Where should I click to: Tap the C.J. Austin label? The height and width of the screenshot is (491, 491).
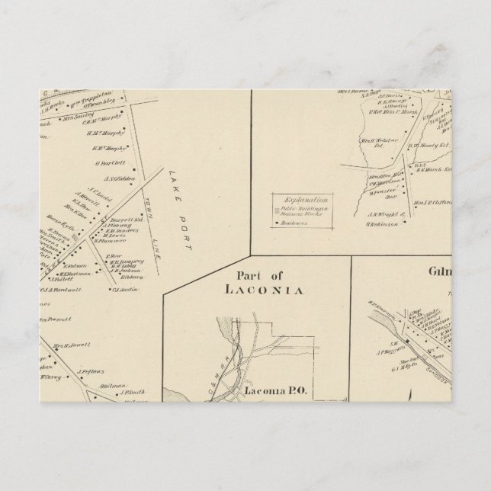pyautogui.click(x=125, y=289)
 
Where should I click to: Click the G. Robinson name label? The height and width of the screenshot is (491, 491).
pyautogui.click(x=383, y=224)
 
